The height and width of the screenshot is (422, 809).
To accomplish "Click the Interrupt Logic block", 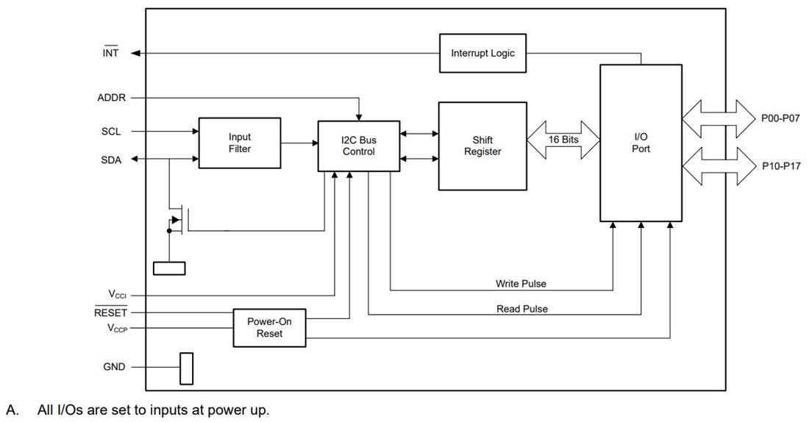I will tap(482, 53).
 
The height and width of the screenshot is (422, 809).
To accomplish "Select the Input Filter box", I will tap(239, 143).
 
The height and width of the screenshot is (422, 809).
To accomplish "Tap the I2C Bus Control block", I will tap(359, 146).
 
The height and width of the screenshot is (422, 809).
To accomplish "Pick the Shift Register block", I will tap(482, 146).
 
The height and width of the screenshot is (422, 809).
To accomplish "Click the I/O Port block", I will tap(641, 143).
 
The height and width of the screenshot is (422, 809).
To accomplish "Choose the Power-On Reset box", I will tap(269, 327).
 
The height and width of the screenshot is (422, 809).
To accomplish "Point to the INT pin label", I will tap(110, 53).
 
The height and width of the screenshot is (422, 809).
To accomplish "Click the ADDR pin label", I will tap(110, 98).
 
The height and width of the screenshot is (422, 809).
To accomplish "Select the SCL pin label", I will tap(110, 132).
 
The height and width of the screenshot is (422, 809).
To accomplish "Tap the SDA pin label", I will tap(110, 160).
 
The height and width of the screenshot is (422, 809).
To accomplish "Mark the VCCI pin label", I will tap(117, 294).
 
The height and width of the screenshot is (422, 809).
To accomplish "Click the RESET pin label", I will tap(110, 312).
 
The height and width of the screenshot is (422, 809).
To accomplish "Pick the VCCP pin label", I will tap(117, 329).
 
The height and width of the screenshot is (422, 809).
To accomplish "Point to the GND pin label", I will tap(114, 366).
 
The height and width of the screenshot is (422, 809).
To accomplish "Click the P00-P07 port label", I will tap(781, 118).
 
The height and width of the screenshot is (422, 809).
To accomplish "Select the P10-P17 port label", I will tap(781, 165).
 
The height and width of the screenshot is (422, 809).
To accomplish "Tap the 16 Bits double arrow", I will tap(563, 140).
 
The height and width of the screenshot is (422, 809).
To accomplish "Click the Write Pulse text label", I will tap(521, 283).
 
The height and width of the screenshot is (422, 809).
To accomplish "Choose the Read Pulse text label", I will tap(521, 309).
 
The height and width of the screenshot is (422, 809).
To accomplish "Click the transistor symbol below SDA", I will tap(179, 220).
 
